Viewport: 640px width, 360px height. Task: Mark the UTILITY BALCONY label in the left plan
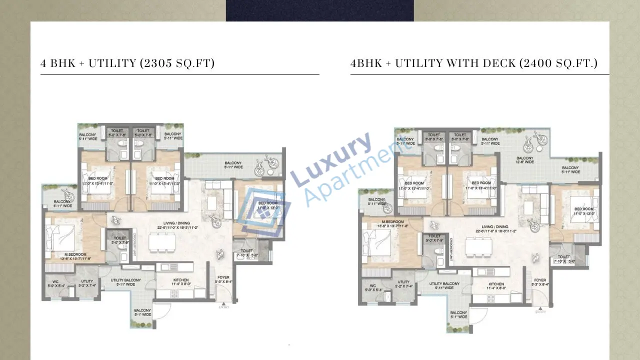pyautogui.click(x=125, y=282)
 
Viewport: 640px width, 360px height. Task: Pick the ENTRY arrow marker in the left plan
pyautogui.click(x=223, y=303)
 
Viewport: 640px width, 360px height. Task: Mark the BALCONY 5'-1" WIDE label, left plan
pyautogui.click(x=142, y=312)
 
